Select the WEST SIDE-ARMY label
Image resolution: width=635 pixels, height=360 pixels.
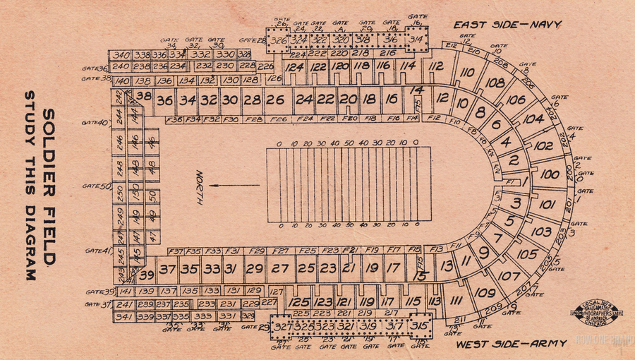[510, 344]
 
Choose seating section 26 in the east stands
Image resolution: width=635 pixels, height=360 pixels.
[275, 100]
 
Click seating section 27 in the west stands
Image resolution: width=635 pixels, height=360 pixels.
[280, 268]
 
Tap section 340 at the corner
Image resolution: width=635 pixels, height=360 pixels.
[121, 55]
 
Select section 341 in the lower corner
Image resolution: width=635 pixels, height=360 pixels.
[123, 317]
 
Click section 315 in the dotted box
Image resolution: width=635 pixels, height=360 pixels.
[419, 326]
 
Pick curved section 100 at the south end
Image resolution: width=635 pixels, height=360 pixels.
[550, 174]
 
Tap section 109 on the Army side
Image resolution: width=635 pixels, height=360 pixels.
[484, 292]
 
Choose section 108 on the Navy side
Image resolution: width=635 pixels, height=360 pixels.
[495, 83]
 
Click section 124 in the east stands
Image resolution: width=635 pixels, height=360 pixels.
[294, 67]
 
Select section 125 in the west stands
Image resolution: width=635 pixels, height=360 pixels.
[299, 302]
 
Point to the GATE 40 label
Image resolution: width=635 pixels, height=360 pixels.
[95, 122]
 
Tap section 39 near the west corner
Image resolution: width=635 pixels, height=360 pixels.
[146, 275]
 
